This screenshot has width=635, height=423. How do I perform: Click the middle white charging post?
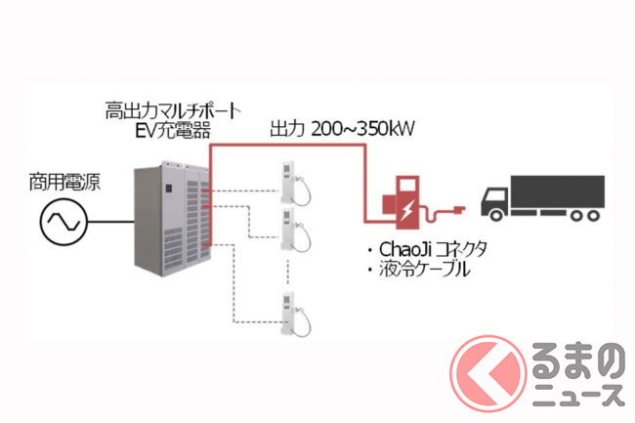(290, 227)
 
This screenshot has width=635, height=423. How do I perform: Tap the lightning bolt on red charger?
(411, 207)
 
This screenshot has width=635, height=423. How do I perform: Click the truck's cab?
(495, 201)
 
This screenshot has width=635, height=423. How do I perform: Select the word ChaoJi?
(398, 250)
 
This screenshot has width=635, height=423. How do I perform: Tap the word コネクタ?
(451, 250)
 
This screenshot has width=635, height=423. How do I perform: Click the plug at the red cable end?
(451, 209)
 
